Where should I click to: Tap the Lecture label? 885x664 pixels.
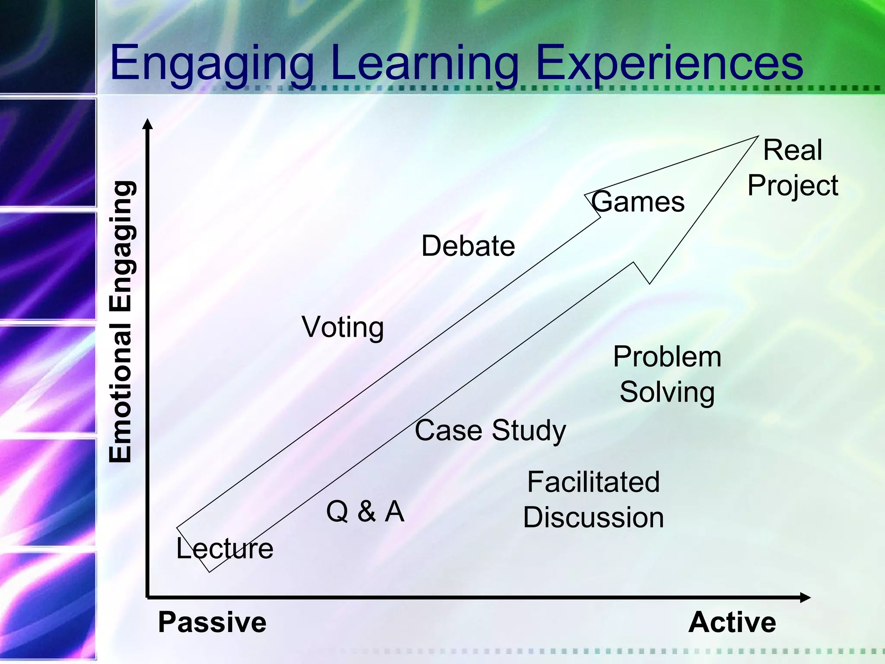(225, 549)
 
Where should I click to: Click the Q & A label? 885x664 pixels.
(365, 511)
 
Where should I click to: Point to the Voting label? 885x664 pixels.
(343, 327)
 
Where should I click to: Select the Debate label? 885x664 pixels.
(468, 246)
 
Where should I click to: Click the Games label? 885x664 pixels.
(638, 202)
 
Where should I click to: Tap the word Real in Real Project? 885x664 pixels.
(793, 150)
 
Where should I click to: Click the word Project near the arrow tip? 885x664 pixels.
(793, 186)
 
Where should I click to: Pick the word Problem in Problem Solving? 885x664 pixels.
(667, 357)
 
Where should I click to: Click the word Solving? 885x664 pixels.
(667, 393)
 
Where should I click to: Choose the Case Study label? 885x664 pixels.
(490, 431)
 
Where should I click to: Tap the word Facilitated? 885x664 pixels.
(593, 482)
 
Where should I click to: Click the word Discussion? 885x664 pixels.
(593, 517)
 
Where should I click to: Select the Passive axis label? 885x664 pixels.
(212, 622)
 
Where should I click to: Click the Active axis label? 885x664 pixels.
(732, 622)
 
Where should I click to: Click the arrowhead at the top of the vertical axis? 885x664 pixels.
(148, 124)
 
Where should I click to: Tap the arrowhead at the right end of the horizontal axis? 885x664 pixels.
(805, 598)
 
